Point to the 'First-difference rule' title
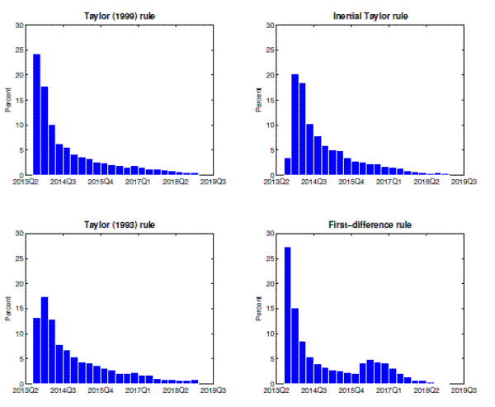(x=371, y=225)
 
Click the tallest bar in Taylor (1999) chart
(x=36, y=115)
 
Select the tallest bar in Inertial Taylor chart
(x=295, y=125)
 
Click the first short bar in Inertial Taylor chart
(x=287, y=167)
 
